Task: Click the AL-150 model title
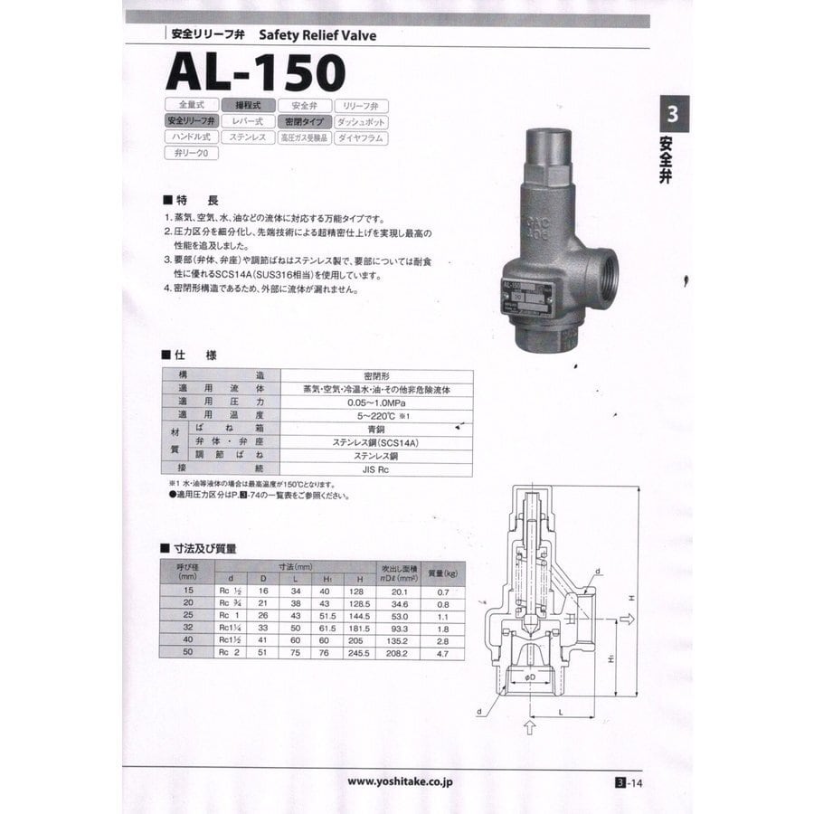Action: click(256, 71)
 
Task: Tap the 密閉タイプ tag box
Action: click(303, 121)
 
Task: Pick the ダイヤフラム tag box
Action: click(361, 137)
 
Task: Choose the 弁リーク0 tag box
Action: click(191, 154)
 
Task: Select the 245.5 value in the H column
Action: click(359, 652)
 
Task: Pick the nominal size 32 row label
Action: click(187, 627)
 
